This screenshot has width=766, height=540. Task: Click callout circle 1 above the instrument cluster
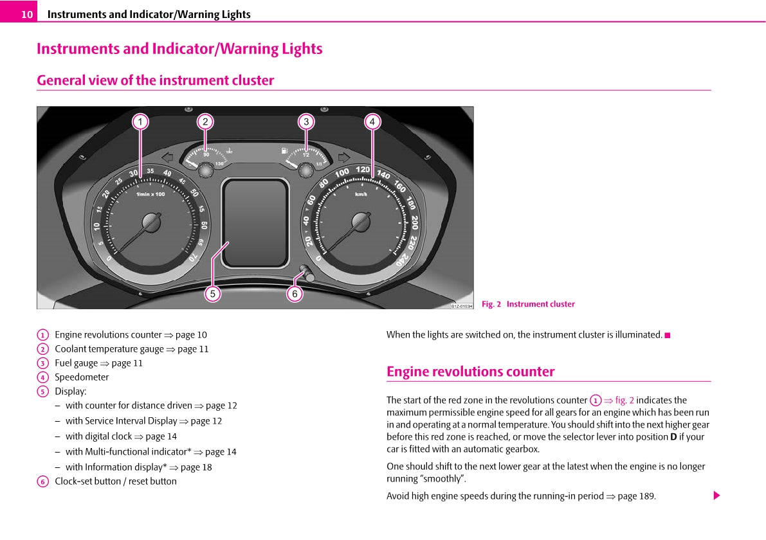(140, 122)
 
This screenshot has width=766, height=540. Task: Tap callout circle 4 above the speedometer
(372, 122)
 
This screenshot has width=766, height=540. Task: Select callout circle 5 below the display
(213, 294)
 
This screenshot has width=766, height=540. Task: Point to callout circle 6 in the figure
(295, 294)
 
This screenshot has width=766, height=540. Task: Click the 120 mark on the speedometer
(363, 170)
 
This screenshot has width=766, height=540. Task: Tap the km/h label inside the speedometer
(361, 194)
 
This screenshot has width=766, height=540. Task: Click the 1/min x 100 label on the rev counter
(150, 194)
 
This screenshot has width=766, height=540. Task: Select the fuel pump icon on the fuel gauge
(283, 151)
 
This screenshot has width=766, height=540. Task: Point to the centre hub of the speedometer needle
(361, 222)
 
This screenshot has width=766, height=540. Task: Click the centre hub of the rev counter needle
(152, 222)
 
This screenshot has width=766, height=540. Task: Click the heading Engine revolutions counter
(470, 372)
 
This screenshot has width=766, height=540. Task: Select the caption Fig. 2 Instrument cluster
(528, 304)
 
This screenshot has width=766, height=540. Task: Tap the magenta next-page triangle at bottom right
(716, 496)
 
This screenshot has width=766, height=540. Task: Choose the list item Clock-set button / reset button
(115, 481)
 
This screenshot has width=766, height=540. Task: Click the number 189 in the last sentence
(646, 496)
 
